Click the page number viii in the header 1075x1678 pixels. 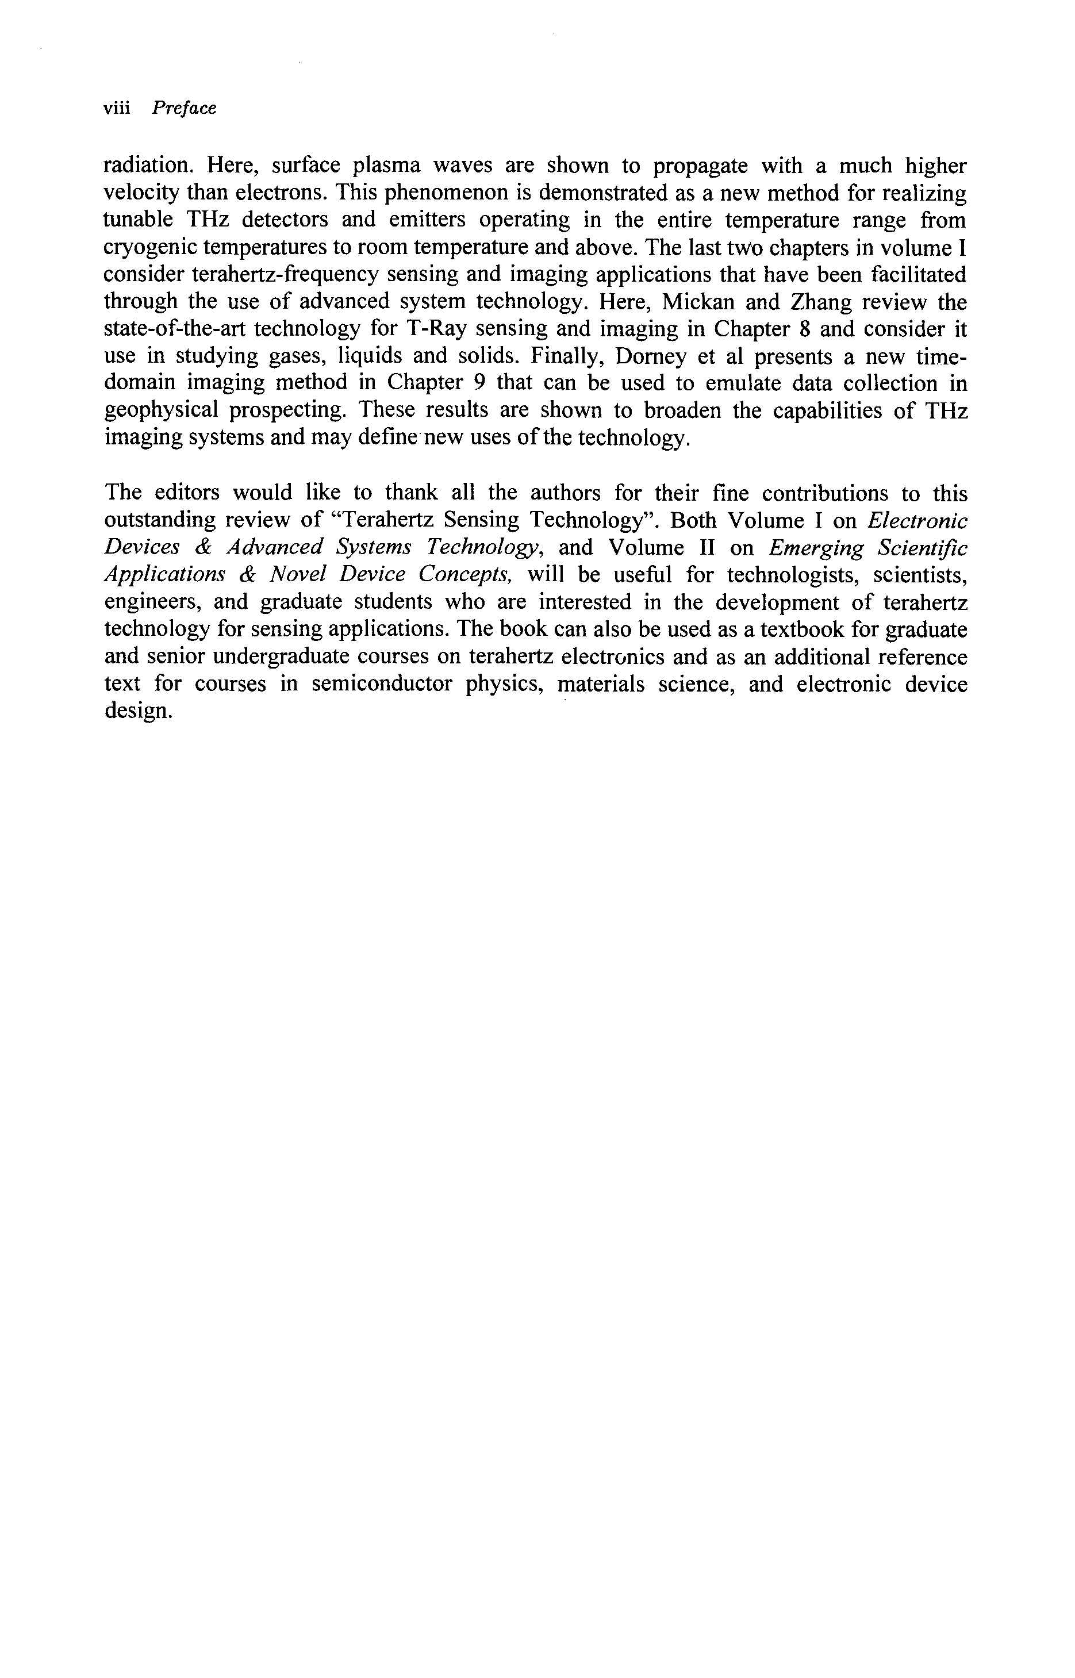117,108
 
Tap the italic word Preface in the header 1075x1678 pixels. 185,108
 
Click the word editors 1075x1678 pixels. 186,493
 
